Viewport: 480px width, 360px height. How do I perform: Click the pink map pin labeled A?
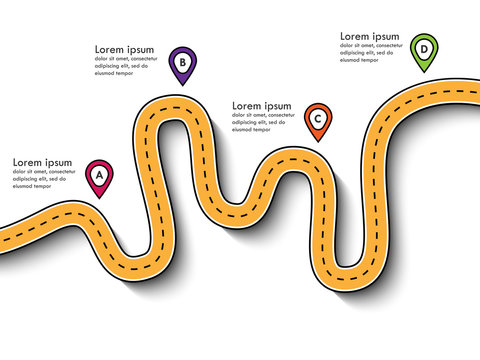coord(99,176)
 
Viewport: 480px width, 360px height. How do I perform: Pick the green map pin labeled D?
coord(424,50)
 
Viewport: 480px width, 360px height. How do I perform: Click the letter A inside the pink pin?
coord(99,174)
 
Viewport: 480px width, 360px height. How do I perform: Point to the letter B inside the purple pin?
coord(182,61)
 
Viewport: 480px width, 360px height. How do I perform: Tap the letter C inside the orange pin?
coord(317,118)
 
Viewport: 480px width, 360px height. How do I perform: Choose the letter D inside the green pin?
coord(424,48)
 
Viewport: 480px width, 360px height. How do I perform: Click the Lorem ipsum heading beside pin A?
coord(42,162)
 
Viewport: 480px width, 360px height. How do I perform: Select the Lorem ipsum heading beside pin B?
coord(125,49)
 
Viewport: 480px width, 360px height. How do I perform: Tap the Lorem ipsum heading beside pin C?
coord(262,105)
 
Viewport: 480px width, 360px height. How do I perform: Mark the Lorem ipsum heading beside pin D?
coord(369,35)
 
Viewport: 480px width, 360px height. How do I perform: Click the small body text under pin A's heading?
coord(45,179)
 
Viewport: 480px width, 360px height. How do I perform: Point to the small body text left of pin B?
coord(128,66)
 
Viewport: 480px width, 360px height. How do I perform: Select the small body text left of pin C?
coord(265,122)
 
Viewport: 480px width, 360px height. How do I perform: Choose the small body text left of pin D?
coord(372,52)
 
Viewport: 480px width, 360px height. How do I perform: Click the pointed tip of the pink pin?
coord(99,197)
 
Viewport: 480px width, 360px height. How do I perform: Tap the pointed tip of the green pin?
coord(424,72)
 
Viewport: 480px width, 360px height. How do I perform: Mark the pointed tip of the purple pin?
coord(182,85)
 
